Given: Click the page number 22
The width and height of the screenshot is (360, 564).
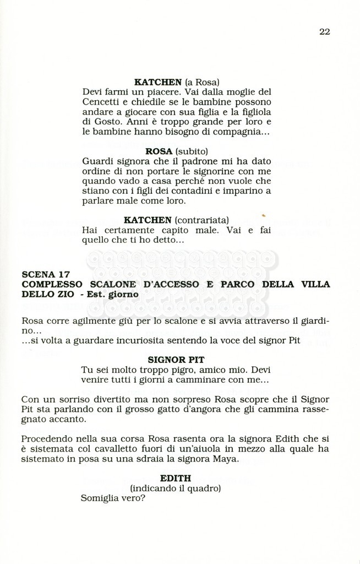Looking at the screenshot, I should tap(324, 31).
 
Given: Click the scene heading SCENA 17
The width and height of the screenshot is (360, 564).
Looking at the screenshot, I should tap(46, 274).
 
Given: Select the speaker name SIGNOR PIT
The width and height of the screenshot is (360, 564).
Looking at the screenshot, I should tap(176, 360).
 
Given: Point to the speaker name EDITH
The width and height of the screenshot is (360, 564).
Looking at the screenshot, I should tap(176, 479).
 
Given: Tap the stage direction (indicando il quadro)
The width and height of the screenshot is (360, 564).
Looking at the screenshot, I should tap(176, 489).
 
